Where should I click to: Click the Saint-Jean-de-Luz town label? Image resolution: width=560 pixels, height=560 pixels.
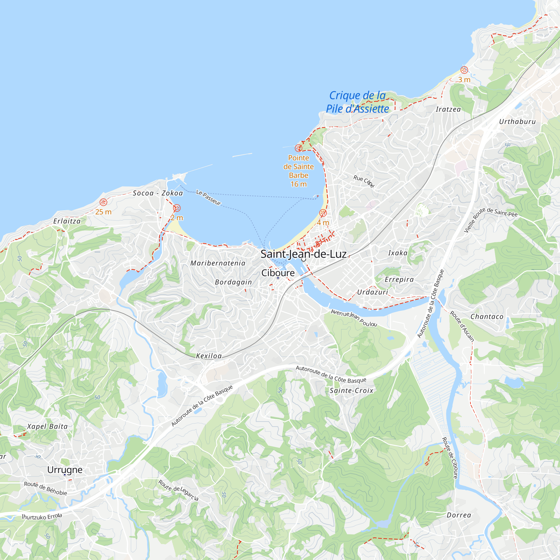[x=304, y=254]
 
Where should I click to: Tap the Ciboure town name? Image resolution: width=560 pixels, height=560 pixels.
[x=278, y=273]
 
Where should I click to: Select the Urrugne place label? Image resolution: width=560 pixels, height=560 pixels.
[x=65, y=470]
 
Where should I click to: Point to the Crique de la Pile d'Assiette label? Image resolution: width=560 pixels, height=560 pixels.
[x=357, y=102]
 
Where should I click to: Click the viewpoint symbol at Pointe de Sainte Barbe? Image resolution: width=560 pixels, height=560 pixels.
[x=298, y=148]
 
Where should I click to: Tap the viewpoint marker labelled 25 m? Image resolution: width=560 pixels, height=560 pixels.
[x=104, y=202]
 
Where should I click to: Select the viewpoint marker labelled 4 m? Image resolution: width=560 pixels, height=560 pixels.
[x=323, y=213]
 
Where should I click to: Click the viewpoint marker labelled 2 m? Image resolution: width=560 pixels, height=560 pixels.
[x=177, y=208]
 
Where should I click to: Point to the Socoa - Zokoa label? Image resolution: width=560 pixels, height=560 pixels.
[x=158, y=193]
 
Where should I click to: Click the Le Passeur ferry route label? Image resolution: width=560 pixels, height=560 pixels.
[x=209, y=197]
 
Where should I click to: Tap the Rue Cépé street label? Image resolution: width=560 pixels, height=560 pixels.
[x=364, y=181]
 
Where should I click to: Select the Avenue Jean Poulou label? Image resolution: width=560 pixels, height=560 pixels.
[x=354, y=318]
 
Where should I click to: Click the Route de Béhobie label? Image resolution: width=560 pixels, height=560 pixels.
[x=46, y=488]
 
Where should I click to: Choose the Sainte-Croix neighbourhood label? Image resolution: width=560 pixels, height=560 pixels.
[x=352, y=391]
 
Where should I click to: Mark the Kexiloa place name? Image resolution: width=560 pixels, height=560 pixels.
[x=209, y=356]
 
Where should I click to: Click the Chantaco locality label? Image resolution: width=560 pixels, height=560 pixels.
[x=487, y=316]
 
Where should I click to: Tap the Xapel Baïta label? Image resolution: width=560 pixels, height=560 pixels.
[x=48, y=426]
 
